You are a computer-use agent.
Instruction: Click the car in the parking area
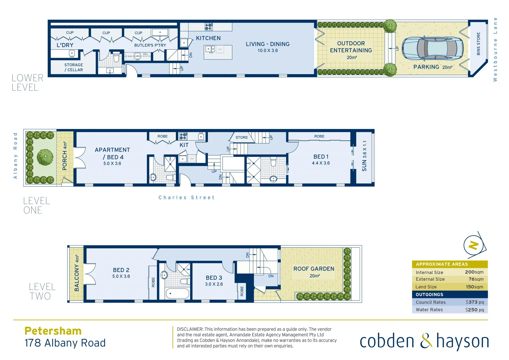[432, 48]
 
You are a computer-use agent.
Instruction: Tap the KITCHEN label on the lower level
[208, 38]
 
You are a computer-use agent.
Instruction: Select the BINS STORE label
[478, 44]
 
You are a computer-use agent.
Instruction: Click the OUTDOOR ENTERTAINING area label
[351, 47]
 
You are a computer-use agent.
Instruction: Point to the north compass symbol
[474, 246]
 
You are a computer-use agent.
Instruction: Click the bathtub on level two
[178, 294]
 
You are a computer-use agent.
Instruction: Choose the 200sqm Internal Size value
[474, 272]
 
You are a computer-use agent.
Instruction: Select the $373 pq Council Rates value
[475, 302]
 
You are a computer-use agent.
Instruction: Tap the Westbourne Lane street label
[495, 49]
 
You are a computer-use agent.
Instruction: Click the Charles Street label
[187, 198]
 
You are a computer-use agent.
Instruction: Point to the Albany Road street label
[15, 156]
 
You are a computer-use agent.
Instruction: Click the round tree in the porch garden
[45, 157]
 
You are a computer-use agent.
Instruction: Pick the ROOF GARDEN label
[313, 269]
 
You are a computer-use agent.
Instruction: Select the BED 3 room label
[214, 278]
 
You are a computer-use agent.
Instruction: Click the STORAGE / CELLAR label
[74, 67]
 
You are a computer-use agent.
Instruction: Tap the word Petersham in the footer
[53, 331]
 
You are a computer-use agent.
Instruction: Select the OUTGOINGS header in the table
[429, 295]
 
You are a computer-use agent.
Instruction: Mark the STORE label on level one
[242, 137]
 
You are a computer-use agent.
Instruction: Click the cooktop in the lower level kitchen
[209, 27]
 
